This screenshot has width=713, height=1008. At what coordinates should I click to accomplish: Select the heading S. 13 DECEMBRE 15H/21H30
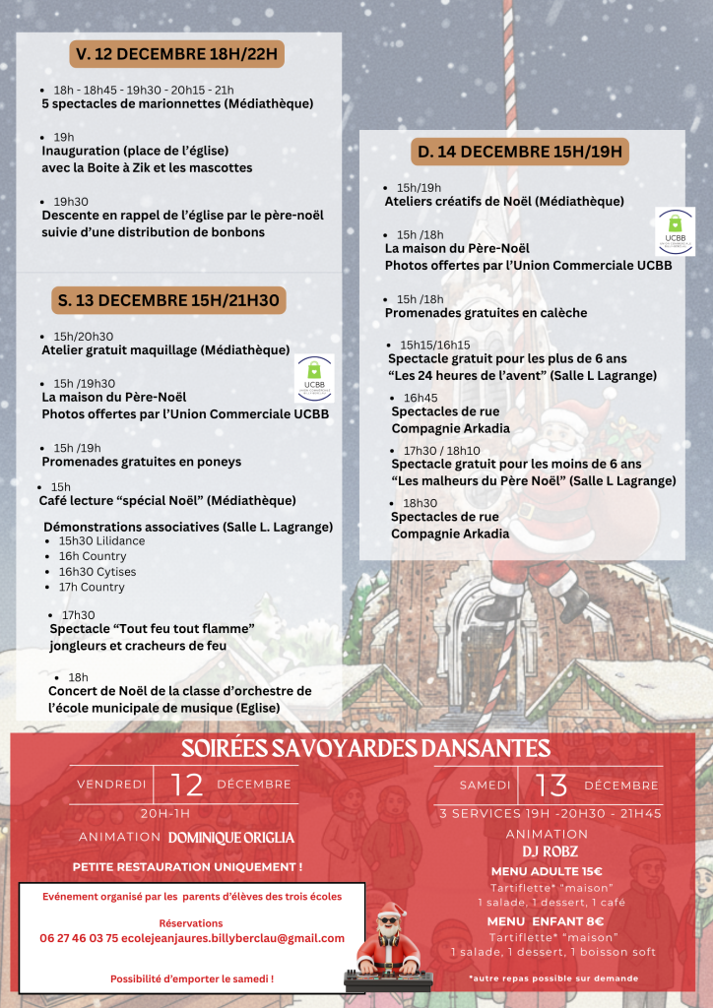[x=168, y=300]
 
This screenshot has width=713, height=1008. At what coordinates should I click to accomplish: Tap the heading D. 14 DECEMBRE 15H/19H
[x=520, y=152]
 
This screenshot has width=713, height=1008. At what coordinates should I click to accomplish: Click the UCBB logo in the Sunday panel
[x=676, y=231]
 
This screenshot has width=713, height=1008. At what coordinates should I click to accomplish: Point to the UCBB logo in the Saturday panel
[x=314, y=379]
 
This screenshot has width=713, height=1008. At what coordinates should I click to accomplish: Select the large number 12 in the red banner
[x=186, y=785]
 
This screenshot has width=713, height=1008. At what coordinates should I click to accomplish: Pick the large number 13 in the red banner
[x=551, y=786]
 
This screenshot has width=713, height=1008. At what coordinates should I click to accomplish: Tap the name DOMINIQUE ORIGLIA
[x=231, y=838]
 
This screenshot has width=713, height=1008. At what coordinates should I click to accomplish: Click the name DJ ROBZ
[x=547, y=851]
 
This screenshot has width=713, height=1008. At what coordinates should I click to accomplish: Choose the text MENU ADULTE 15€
[x=547, y=871]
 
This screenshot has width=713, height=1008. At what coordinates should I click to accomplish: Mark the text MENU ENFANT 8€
[x=546, y=920]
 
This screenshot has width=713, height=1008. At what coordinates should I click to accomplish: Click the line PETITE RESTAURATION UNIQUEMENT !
[x=187, y=866]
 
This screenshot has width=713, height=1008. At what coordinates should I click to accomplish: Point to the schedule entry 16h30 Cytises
[x=97, y=572]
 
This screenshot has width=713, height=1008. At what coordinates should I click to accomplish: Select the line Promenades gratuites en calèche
[x=486, y=313]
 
